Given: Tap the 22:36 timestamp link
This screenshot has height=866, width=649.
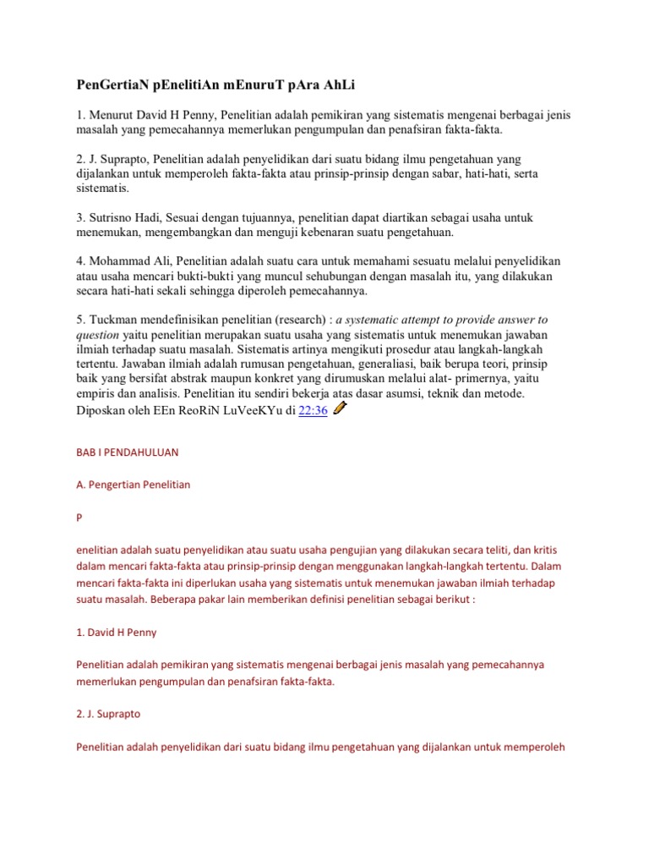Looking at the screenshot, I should tap(314, 410).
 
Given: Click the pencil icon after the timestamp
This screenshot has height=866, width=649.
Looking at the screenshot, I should tap(340, 408).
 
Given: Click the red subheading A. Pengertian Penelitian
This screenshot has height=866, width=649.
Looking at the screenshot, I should tap(134, 485).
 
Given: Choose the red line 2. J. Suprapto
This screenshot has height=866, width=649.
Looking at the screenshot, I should tap(108, 714).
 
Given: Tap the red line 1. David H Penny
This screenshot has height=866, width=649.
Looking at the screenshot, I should tap(117, 632).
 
